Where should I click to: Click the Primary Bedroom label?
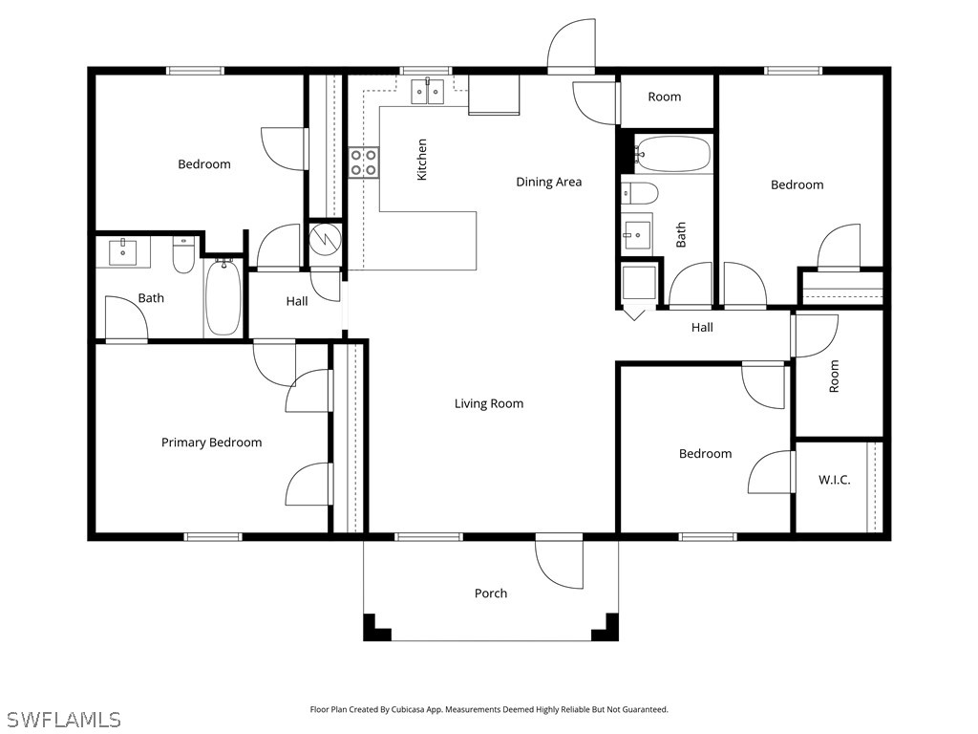pos(211,443)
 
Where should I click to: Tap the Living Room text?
pos(489,403)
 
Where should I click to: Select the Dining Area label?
pos(548,182)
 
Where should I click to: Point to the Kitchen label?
pos(422,160)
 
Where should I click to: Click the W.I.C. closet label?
pos(834,480)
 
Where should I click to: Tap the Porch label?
pos(491,594)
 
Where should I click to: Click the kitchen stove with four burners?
pos(363,162)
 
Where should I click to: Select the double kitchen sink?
pos(427,93)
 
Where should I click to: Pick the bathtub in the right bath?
pos(673,153)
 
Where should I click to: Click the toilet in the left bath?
pos(183,254)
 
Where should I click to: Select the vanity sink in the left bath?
pos(123,253)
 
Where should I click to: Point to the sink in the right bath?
pos(638,234)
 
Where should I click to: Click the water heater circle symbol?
pos(325,238)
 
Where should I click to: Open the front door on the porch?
pos(559,562)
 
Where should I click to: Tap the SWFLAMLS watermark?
pos(64,719)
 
